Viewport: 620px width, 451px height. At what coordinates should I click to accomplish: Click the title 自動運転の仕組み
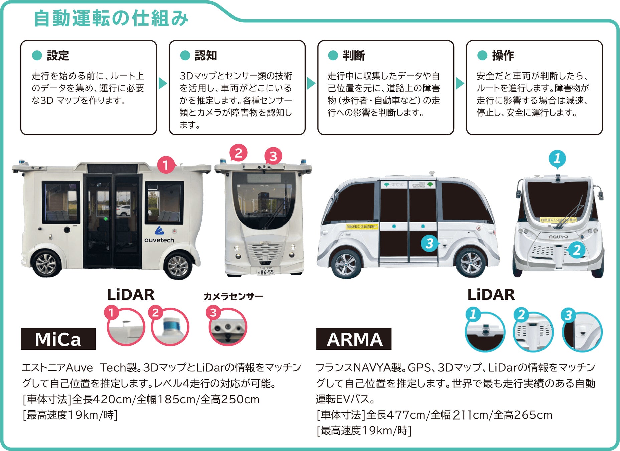[x=111, y=18]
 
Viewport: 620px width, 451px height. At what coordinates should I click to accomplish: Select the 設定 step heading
[x=58, y=55]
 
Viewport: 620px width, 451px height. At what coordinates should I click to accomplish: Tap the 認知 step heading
[x=206, y=55]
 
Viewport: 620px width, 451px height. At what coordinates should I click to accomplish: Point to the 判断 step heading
[x=354, y=55]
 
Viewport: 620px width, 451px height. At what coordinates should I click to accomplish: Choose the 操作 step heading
[x=503, y=55]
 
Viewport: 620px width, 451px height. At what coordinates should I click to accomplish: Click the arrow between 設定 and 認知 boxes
[x=162, y=83]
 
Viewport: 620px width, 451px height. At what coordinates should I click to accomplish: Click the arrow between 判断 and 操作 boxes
[x=460, y=83]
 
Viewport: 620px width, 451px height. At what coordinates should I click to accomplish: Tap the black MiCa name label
[x=58, y=339]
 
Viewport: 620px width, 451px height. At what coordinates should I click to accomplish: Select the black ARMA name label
[x=354, y=339]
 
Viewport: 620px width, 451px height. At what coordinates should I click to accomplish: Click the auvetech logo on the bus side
[x=159, y=236]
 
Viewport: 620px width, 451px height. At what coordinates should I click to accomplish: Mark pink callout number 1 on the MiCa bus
[x=166, y=165]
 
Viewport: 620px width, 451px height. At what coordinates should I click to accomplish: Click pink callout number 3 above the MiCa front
[x=273, y=156]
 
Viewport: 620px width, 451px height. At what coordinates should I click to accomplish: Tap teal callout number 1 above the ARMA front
[x=557, y=158]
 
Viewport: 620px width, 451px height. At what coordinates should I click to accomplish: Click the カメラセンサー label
[x=233, y=296]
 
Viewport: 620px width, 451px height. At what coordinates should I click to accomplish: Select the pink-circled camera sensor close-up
[x=228, y=327]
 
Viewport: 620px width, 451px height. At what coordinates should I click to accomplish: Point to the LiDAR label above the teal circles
[x=491, y=295]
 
